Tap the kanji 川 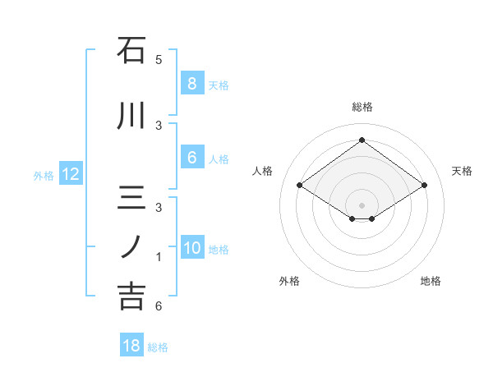131,117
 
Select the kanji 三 131,199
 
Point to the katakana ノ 131,246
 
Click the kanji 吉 131,296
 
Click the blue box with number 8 191,84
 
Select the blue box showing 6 191,159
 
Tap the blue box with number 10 191,249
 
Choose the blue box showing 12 70,174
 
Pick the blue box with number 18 131,346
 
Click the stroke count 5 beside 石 159,60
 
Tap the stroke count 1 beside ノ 159,257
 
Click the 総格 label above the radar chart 362,107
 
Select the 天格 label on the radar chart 462,171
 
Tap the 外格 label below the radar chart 289,281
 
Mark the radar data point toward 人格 299,186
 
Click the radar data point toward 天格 424,186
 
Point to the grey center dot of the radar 362,204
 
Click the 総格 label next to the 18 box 158,347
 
